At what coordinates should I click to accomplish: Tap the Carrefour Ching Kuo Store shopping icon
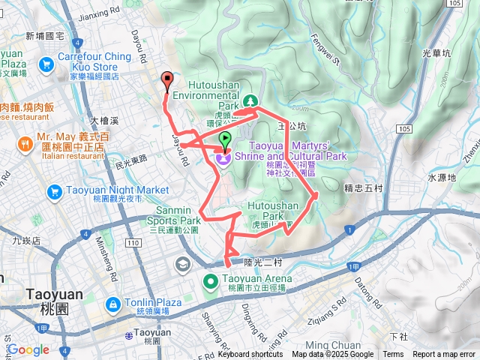click(47, 64)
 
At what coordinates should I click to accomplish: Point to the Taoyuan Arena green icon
click(212, 281)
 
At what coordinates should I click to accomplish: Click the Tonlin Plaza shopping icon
click(112, 304)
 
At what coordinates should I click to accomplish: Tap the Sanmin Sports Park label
click(179, 216)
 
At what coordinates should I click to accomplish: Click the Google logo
click(28, 349)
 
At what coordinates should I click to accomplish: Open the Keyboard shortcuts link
click(250, 354)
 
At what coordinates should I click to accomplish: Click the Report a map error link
click(444, 354)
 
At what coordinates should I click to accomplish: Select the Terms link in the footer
click(393, 354)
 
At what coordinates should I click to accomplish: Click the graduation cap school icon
click(183, 264)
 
